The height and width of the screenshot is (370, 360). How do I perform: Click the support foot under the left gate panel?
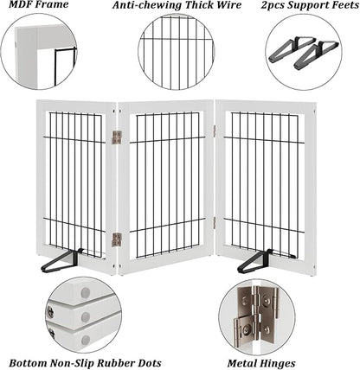click(62, 261)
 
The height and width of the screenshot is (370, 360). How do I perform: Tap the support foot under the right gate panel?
click(256, 262)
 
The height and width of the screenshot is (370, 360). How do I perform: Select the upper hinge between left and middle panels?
click(117, 137)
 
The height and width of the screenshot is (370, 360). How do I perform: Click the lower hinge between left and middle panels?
click(117, 239)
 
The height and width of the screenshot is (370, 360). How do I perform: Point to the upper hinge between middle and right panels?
click(215, 131)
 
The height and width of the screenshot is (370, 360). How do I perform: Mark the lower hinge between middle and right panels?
click(215, 223)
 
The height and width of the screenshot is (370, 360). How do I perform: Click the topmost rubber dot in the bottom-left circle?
click(86, 293)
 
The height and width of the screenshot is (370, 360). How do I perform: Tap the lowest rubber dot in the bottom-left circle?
click(86, 341)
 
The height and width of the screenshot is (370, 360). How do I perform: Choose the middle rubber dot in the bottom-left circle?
click(86, 317)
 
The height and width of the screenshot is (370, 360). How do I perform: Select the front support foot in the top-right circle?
click(314, 55)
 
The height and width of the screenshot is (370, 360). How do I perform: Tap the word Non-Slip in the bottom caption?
click(74, 363)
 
